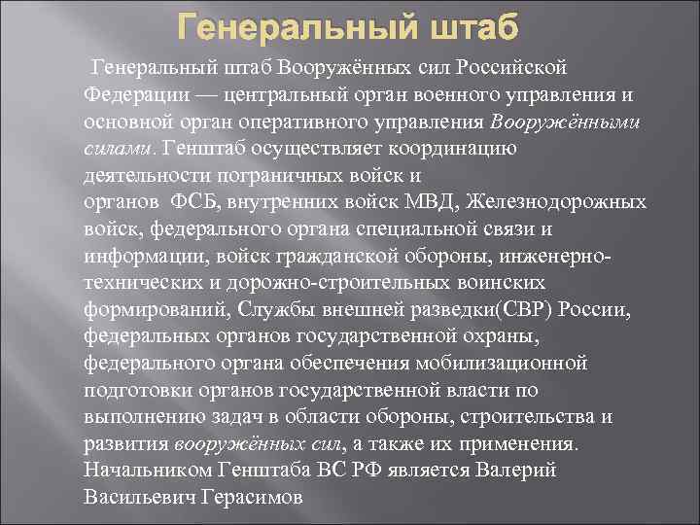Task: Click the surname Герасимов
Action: point(251,496)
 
